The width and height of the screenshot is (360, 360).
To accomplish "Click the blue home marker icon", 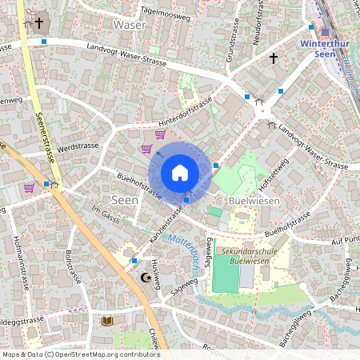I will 180,173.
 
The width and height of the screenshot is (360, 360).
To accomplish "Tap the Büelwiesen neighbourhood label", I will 254,201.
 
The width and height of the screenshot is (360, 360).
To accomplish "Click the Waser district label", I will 130,25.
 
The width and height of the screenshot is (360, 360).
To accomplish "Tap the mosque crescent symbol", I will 146,278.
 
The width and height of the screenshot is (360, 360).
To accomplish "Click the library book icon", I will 106,321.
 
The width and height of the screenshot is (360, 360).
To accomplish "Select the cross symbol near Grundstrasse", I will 273,58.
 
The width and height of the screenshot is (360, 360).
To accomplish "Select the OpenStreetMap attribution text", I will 81,354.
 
